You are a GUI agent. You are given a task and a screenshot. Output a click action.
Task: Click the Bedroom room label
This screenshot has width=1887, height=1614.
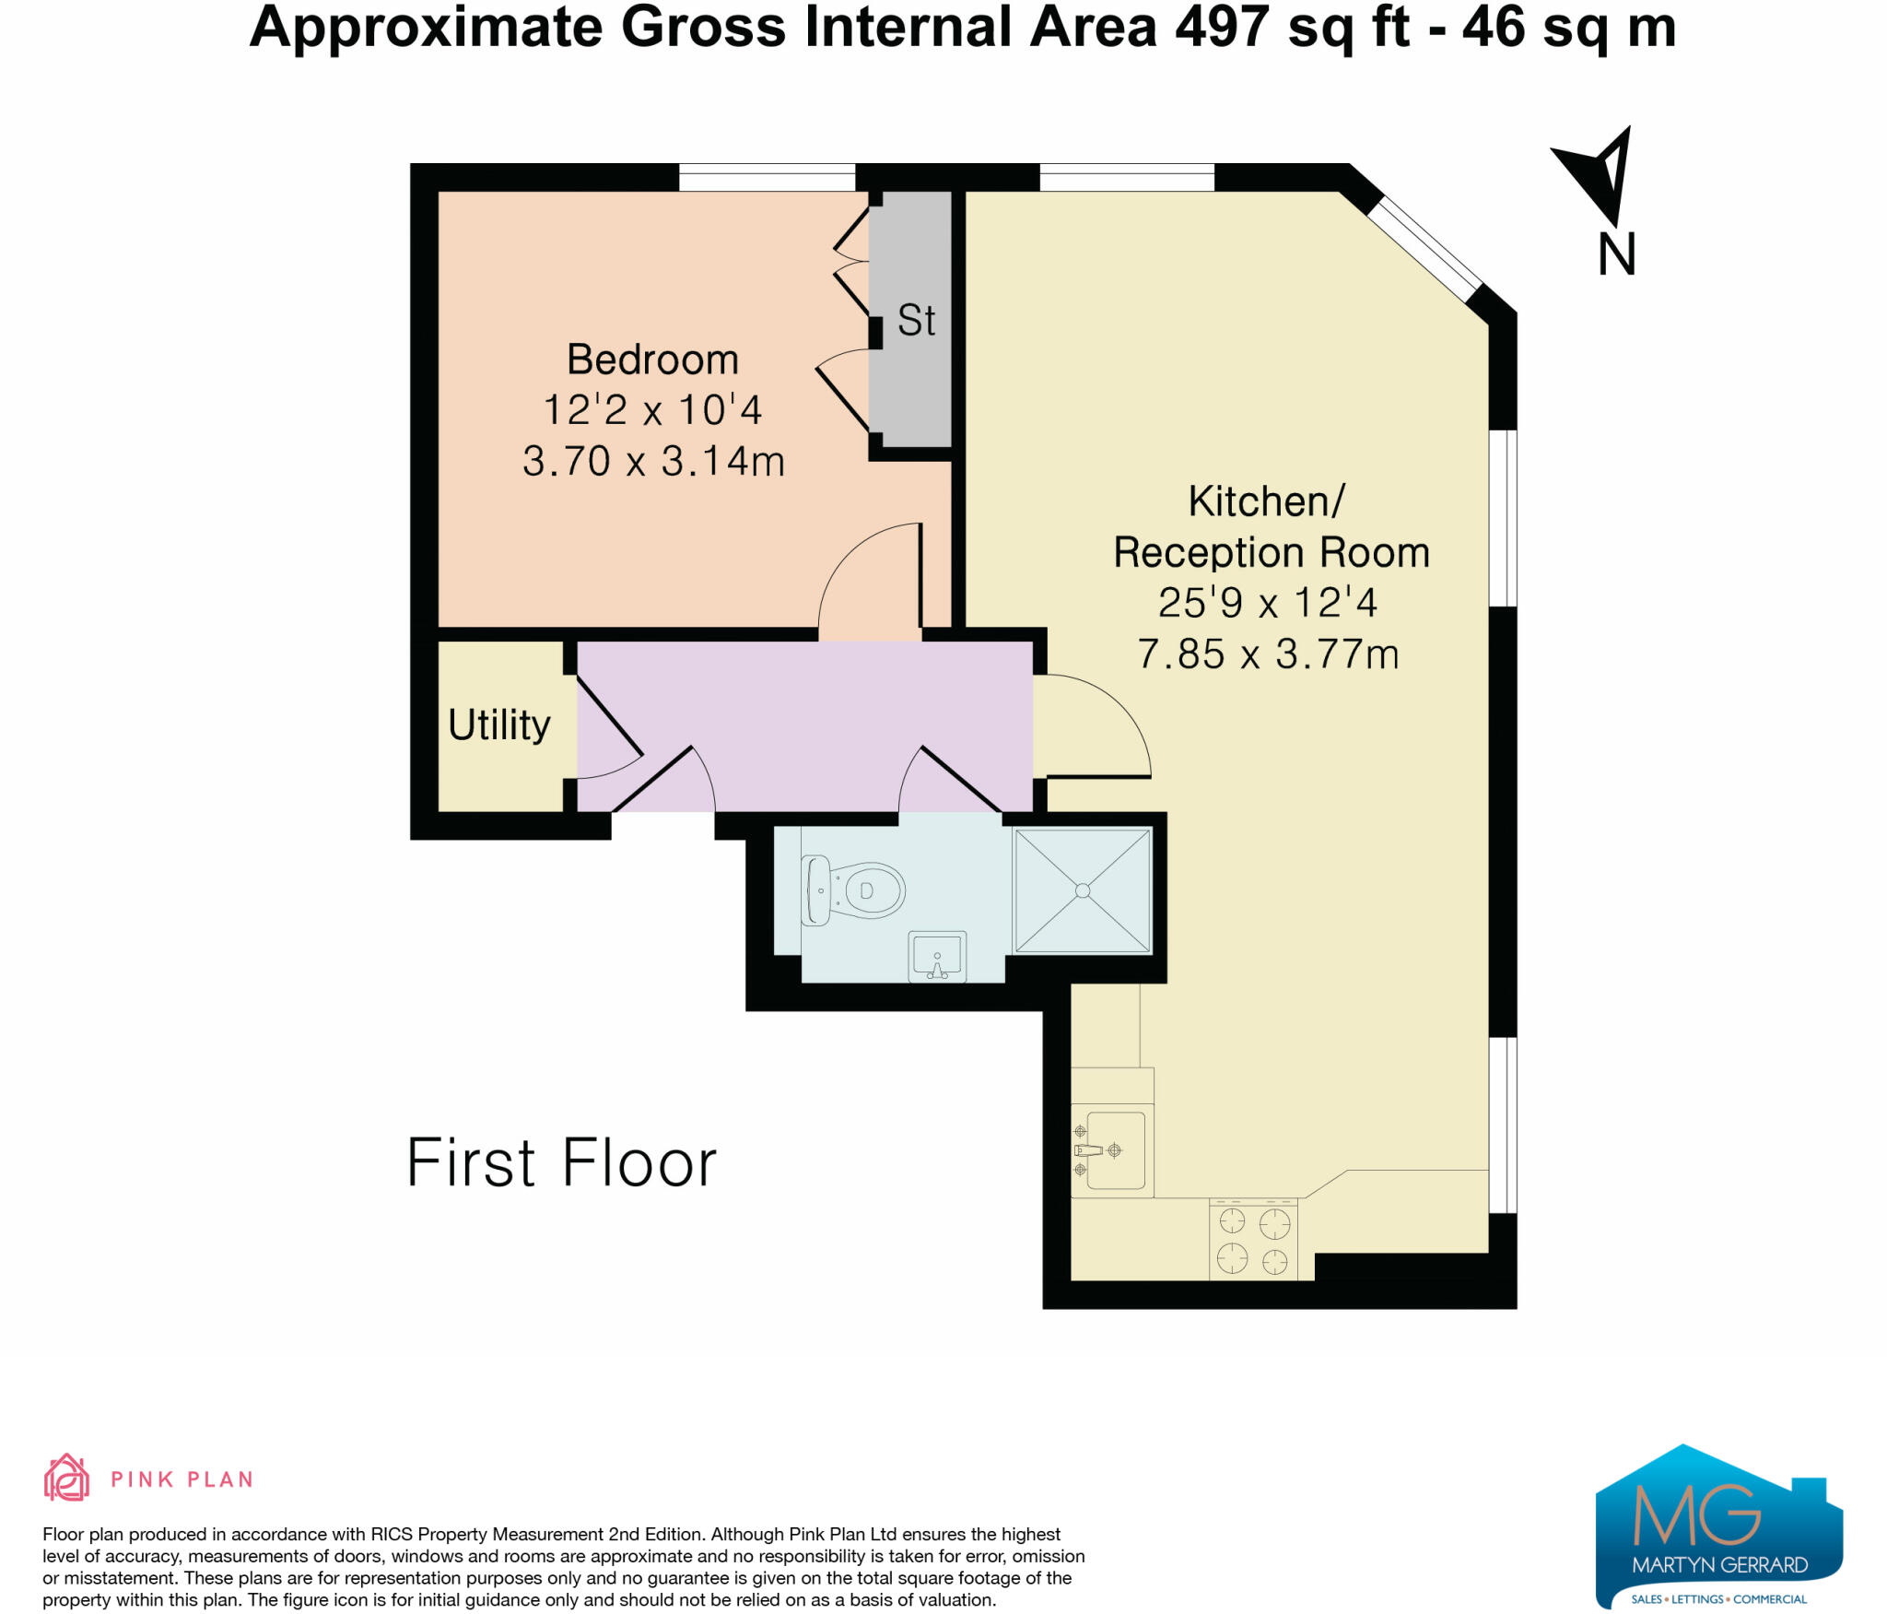652,359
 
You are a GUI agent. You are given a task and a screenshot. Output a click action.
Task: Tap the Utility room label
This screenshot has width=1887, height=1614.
498,725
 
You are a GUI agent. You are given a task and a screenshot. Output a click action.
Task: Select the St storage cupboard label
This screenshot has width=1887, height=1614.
916,321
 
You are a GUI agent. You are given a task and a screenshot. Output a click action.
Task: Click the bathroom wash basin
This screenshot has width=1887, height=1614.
937,957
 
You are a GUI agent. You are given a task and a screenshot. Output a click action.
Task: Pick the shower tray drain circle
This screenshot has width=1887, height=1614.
1083,890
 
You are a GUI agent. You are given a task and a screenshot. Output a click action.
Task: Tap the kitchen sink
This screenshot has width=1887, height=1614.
1116,1150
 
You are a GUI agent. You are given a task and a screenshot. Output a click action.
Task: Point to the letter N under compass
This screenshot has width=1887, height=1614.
1616,254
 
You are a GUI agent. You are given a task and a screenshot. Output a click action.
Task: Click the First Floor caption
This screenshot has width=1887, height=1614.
560,1163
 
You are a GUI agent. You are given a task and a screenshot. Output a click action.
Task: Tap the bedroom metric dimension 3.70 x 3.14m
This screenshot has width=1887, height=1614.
652,461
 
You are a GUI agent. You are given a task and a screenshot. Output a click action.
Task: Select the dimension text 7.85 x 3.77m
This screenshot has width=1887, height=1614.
1268,654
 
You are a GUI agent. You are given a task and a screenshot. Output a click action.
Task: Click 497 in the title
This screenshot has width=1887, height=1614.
1222,28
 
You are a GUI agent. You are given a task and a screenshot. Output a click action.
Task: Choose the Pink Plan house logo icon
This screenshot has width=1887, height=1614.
66,1478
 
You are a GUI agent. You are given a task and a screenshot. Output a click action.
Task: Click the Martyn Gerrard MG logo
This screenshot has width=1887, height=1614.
1718,1526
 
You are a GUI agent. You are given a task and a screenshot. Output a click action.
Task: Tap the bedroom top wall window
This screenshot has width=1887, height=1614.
767,177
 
